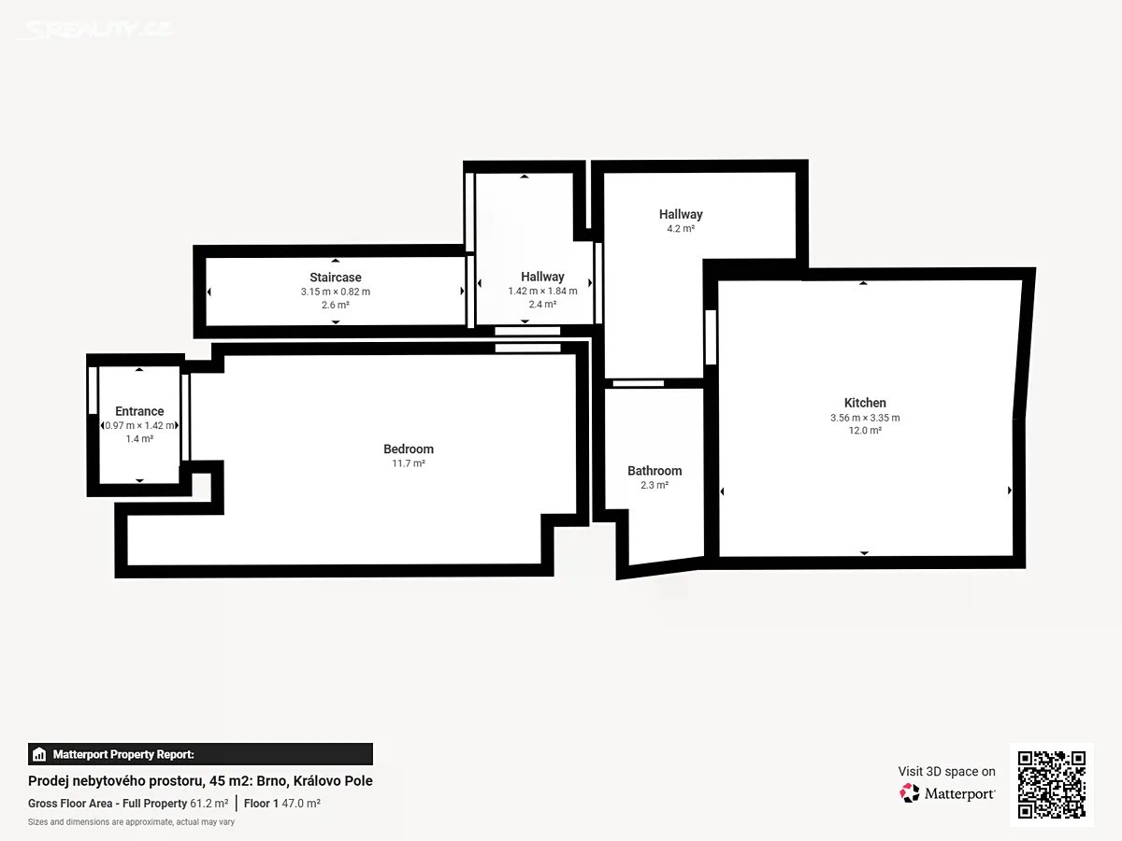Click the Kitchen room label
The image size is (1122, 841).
point(865,403)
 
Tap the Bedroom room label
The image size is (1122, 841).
point(409,449)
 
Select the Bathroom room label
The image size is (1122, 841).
point(654,471)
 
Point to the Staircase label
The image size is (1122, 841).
point(336,278)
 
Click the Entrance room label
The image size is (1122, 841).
point(139,411)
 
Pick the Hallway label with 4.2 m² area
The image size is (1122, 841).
point(681,215)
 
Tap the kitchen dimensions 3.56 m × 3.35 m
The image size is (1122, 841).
point(865,418)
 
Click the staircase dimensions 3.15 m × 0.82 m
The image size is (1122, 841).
point(336,292)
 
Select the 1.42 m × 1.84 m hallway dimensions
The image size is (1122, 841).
point(542,291)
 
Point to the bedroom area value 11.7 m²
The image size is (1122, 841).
point(409,463)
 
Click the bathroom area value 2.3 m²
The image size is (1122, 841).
point(654,485)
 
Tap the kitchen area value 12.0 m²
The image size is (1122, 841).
point(865,431)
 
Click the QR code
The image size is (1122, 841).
point(1052,785)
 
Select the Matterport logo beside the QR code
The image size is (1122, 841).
point(947,793)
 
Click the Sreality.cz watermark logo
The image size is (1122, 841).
point(97,30)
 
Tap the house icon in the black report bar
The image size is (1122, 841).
point(39,754)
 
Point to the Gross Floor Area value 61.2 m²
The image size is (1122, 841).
point(209,804)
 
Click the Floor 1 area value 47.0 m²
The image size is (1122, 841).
point(301,804)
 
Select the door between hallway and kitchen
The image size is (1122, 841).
point(711,337)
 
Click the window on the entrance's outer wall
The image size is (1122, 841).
point(93,390)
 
